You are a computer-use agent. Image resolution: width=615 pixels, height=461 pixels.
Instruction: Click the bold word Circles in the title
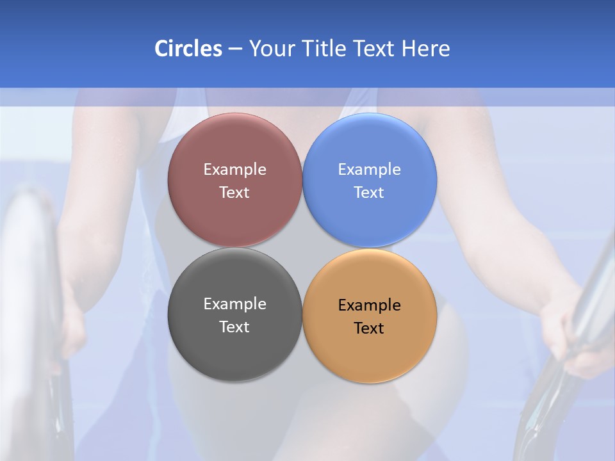click(188, 49)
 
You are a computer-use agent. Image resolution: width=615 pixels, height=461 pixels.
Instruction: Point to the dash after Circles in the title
click(235, 49)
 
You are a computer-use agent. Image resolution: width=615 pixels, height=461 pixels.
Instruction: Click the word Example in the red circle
click(234, 169)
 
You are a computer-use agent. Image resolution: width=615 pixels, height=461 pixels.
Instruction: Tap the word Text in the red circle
click(234, 193)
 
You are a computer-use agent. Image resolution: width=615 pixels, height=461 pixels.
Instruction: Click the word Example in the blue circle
click(370, 169)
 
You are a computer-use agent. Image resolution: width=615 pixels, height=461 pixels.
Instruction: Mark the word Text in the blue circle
click(370, 193)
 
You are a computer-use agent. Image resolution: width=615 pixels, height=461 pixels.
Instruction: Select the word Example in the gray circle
click(234, 304)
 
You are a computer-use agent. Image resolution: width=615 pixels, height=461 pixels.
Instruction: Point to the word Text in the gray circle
click(234, 327)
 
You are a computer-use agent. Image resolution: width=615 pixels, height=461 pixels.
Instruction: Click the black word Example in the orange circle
click(370, 305)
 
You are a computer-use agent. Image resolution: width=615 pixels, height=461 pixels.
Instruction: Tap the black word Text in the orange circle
click(370, 328)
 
